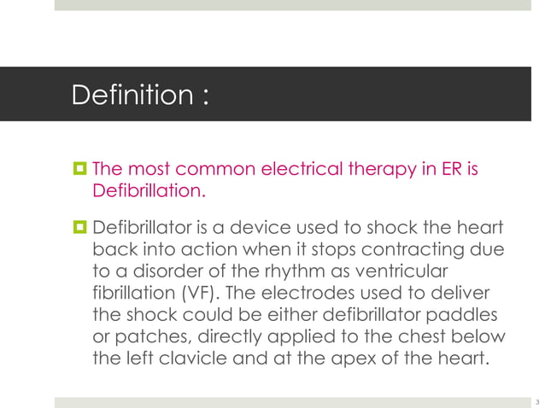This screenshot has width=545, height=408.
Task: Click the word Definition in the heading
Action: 132,95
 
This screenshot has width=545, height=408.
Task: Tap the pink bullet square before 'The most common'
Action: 79,166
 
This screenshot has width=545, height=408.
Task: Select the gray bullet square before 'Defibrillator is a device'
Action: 79,229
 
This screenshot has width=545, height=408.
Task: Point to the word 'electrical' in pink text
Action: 290,166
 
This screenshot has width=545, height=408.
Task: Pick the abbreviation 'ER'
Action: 453,166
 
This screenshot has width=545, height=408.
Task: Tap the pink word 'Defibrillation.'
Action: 149,190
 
